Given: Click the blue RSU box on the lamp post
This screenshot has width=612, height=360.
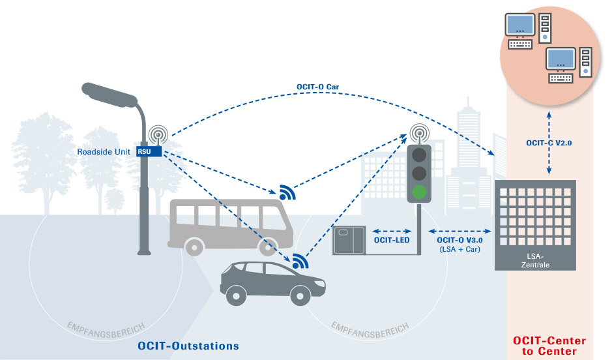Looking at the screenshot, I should pos(143,152).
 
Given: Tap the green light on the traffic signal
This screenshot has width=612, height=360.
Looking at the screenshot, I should pos(419,192).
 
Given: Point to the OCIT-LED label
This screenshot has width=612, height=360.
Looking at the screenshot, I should pos(391,241).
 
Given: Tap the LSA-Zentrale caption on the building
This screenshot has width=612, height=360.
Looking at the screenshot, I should pos(535,259).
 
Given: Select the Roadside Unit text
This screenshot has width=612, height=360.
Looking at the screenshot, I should pos(105,152).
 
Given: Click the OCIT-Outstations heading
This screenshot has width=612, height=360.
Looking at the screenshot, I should pos(188,345).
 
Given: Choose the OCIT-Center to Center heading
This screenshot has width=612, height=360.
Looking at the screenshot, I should pos(549,346).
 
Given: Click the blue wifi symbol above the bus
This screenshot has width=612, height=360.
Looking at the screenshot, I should pos(287,191).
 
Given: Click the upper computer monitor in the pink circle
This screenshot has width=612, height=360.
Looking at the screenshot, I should pos(521,25).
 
